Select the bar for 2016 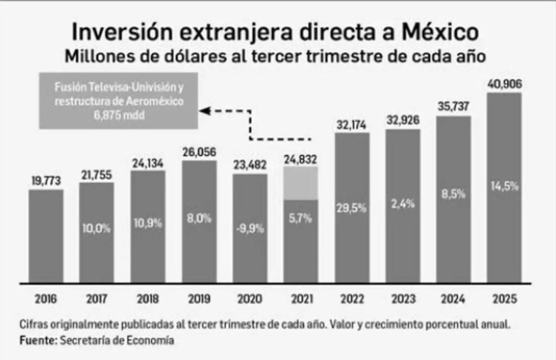pyautogui.click(x=46, y=236)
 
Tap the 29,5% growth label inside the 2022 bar pyautogui.click(x=352, y=209)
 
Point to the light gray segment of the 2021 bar pyautogui.click(x=301, y=183)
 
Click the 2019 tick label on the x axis pyautogui.click(x=199, y=299)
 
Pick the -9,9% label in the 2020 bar pyautogui.click(x=250, y=229)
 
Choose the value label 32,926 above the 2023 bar pyautogui.click(x=402, y=120)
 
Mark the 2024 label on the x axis pyautogui.click(x=453, y=299)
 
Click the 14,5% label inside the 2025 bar pyautogui.click(x=504, y=186)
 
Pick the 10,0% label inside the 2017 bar pyautogui.click(x=97, y=229)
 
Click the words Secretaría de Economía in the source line pyautogui.click(x=117, y=340)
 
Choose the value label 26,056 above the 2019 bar pyautogui.click(x=199, y=151)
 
